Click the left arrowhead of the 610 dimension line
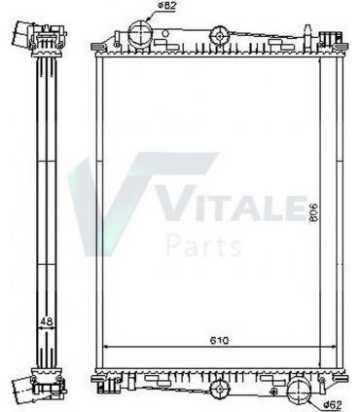click(x=107, y=349)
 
